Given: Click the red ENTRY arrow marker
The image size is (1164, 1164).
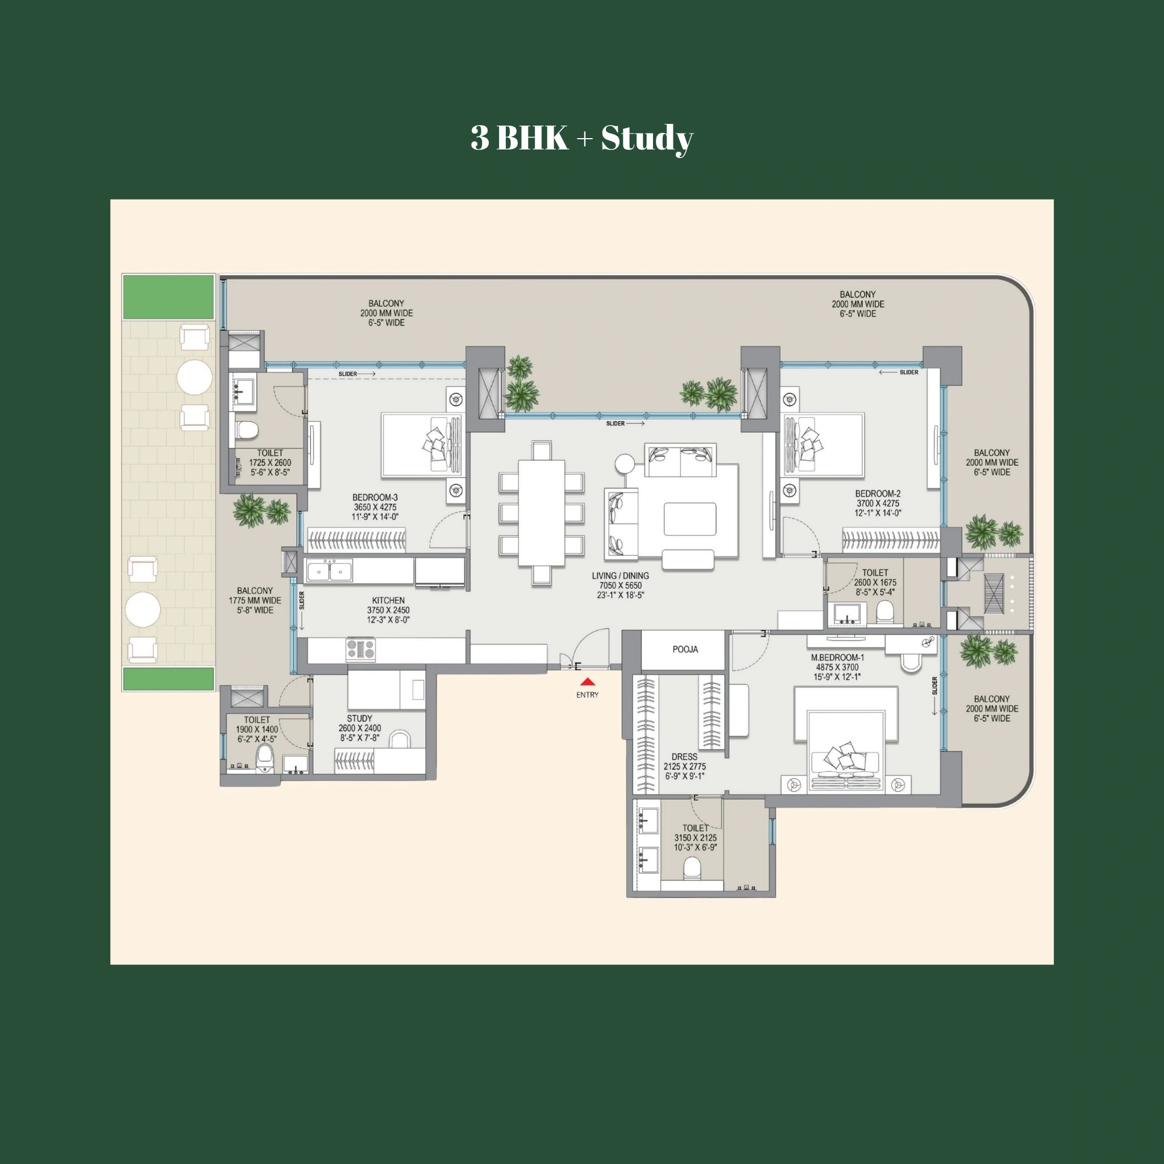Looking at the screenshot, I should [588, 682].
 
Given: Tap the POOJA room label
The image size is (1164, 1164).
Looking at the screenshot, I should [685, 650].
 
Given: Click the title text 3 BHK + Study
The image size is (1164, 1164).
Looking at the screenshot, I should [581, 138].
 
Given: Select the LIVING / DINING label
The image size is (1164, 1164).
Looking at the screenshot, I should [620, 576].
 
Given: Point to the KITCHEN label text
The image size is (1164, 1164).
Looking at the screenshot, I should [388, 601].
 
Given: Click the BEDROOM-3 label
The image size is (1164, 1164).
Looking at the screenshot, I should [375, 498].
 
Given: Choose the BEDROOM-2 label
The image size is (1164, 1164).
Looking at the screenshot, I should [877, 493].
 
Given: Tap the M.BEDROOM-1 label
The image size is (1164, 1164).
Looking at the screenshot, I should [837, 658].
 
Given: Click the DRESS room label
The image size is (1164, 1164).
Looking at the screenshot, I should [684, 756].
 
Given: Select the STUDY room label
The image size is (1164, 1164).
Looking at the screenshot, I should [359, 719].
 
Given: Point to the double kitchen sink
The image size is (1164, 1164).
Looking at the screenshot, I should [329, 571].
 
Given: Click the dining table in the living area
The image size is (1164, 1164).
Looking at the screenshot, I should [541, 513].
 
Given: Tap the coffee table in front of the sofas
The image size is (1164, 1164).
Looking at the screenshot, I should [690, 519].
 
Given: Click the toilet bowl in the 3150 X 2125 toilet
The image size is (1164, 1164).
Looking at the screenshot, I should [692, 869].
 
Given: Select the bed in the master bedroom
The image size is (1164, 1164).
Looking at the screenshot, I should [846, 741].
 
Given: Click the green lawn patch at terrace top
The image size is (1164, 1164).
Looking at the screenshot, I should [169, 297].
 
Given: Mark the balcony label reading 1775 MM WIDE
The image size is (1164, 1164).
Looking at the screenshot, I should [254, 601].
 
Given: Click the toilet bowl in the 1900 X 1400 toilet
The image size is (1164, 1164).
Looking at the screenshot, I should [265, 757].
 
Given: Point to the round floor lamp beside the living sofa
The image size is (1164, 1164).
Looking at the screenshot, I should [625, 463].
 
